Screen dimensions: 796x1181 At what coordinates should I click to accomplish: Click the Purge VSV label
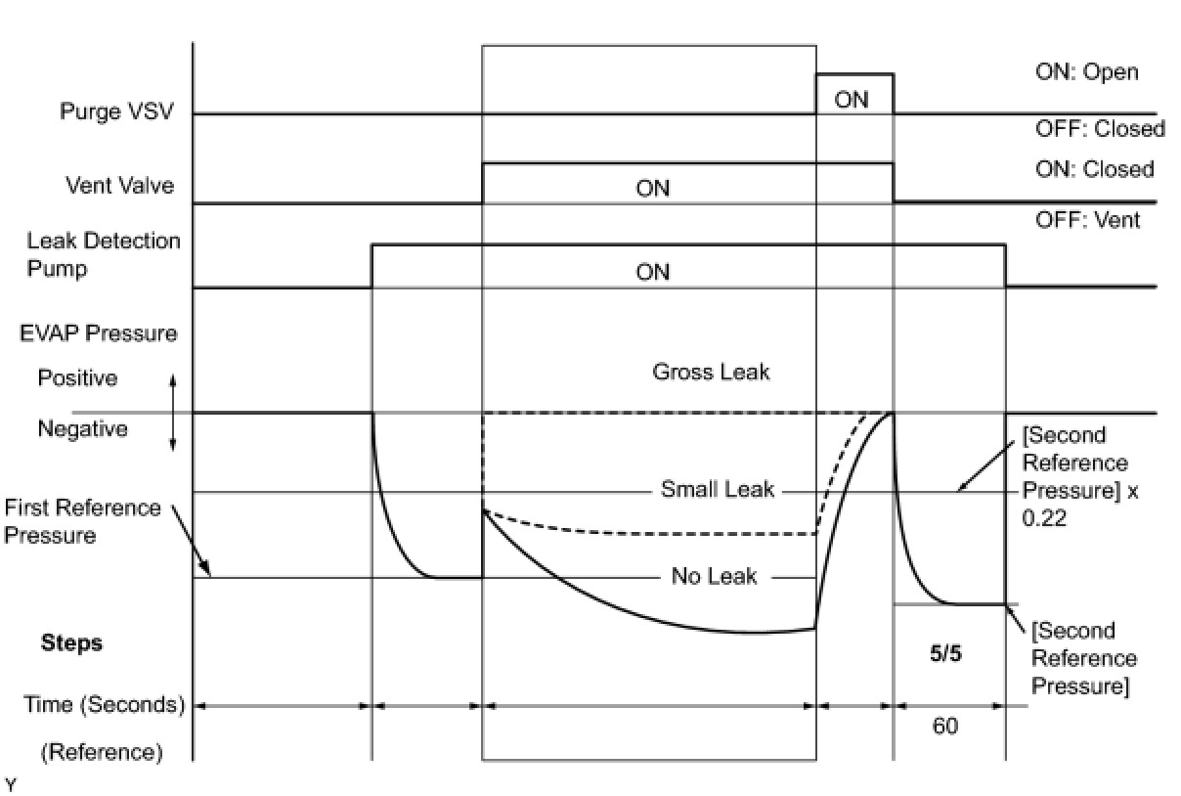point(116,111)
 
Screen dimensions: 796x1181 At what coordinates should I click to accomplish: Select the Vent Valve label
point(119,185)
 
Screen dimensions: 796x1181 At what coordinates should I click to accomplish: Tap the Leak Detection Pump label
point(104,254)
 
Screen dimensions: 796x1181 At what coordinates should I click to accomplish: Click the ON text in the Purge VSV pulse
point(852,100)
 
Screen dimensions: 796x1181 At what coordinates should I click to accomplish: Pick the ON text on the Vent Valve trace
point(652,188)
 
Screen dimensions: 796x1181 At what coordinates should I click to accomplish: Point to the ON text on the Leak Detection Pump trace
point(652,272)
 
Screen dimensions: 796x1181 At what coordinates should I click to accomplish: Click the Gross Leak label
point(711,372)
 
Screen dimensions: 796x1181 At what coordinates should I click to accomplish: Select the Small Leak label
point(717,489)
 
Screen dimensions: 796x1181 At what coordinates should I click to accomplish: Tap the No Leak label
point(714,576)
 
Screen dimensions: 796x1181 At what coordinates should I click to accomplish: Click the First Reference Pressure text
point(82,521)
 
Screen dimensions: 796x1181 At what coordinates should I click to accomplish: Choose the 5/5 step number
point(945,654)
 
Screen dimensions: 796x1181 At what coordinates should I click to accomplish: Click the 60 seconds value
point(945,727)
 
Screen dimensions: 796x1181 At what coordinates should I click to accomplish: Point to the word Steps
point(71,643)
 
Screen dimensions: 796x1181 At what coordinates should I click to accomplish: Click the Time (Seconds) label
point(105,704)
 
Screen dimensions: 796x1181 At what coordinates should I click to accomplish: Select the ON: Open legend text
point(1086,72)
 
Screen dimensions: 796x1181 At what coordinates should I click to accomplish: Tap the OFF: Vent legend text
point(1087,220)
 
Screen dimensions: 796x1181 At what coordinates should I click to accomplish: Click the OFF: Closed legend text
point(1100,128)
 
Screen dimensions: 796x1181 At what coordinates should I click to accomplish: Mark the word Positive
point(77,377)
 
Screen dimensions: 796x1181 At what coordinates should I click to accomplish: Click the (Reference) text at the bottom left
point(101,752)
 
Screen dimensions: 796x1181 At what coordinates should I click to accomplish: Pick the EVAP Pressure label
point(99,332)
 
